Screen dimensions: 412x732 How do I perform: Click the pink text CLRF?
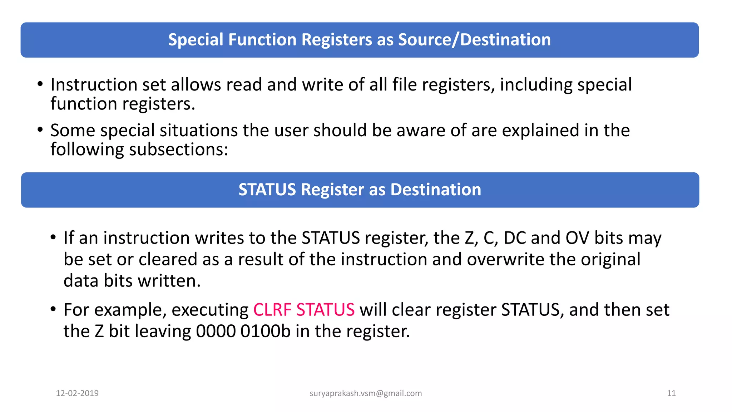[272, 310]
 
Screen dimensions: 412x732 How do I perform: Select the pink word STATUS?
[325, 310]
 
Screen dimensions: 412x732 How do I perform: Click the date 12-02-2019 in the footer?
[77, 393]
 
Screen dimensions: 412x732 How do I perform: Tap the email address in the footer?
[366, 393]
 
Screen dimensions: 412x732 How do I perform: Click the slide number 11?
[671, 393]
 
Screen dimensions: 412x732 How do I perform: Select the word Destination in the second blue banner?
[436, 190]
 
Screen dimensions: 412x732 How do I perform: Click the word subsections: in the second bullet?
[178, 149]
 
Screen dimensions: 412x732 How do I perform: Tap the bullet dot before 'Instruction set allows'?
[40, 84]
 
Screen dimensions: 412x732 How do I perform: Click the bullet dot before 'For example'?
[53, 309]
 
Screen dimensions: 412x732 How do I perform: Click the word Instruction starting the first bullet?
[94, 85]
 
